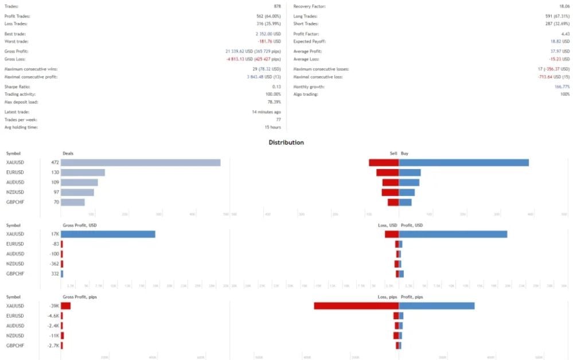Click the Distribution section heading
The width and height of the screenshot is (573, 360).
point(286,142)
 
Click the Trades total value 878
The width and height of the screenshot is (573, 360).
point(277,6)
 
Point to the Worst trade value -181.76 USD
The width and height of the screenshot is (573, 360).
point(268,41)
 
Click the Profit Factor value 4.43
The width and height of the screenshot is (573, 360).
point(566,34)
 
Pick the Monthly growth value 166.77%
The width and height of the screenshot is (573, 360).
point(561,87)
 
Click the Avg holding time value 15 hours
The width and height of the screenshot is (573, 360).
point(272,127)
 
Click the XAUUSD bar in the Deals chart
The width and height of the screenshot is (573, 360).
point(141,162)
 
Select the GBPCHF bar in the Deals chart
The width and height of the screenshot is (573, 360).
point(73,202)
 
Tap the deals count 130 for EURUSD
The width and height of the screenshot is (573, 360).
point(55,172)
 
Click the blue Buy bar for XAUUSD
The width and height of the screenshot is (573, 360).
point(463,162)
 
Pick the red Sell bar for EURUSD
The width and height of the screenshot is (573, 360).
point(387,172)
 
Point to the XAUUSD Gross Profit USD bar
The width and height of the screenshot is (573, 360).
point(108,234)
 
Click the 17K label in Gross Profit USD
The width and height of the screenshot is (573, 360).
point(54,234)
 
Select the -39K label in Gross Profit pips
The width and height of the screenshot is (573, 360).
point(54,306)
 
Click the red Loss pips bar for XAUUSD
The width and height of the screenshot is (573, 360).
point(356,306)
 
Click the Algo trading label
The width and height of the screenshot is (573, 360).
point(306,94)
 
